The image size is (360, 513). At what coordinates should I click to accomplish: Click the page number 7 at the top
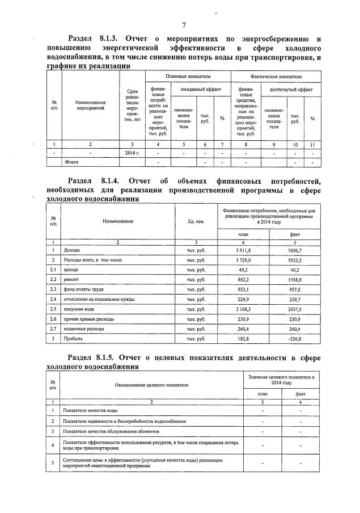[x=184, y=25]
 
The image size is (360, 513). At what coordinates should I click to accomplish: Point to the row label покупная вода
[x=79, y=309]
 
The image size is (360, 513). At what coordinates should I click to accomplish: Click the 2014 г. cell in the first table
[x=132, y=153]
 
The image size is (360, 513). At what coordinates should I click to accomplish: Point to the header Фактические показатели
[x=276, y=76]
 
